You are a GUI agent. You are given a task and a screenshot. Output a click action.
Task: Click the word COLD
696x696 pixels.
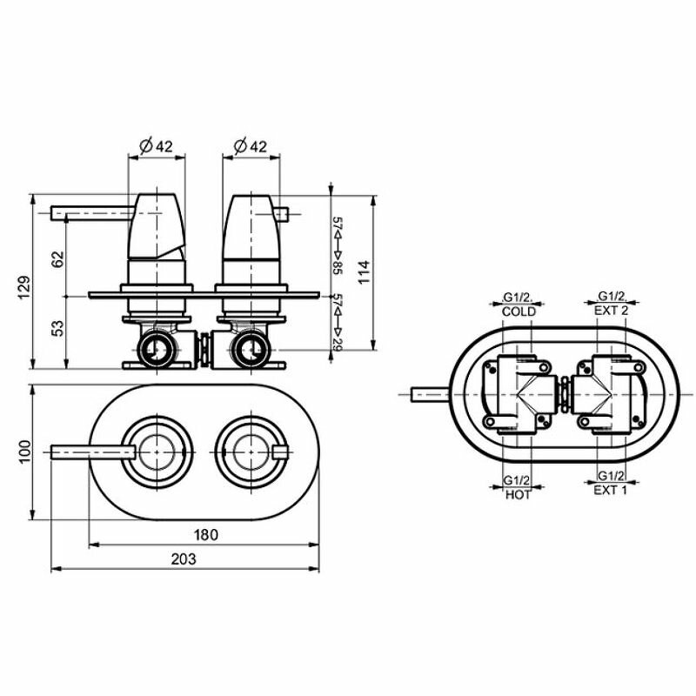pyautogui.click(x=519, y=311)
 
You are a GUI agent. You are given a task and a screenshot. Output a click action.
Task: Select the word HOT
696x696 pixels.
pyautogui.click(x=519, y=495)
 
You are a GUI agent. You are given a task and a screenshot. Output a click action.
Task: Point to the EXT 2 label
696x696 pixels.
pyautogui.click(x=612, y=311)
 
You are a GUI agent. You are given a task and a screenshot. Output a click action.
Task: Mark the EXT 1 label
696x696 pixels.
pyautogui.click(x=612, y=491)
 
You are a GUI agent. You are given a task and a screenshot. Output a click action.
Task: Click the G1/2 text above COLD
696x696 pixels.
pyautogui.click(x=519, y=298)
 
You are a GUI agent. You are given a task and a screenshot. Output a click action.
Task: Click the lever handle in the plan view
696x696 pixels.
pyautogui.click(x=91, y=451)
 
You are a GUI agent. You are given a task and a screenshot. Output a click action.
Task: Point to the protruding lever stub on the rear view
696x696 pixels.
pyautogui.click(x=431, y=396)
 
